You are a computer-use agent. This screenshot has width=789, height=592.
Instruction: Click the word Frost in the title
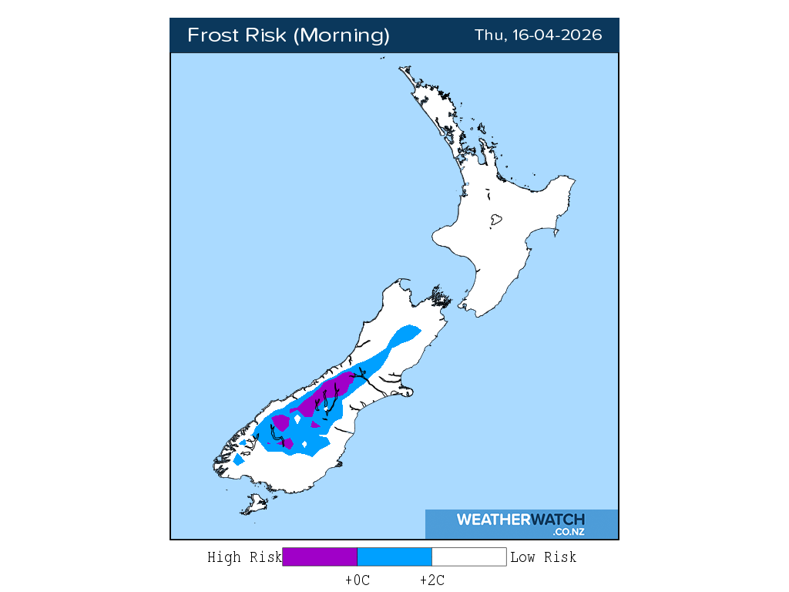(212, 35)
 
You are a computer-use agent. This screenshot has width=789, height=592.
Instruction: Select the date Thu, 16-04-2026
(538, 35)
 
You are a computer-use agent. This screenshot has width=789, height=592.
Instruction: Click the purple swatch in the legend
(320, 557)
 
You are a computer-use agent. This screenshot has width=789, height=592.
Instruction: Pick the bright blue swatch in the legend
(394, 557)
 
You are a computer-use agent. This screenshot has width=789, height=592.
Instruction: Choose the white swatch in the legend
(468, 557)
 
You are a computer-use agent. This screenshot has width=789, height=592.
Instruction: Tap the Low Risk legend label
(543, 557)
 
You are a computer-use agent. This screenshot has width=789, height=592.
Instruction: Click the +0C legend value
(358, 580)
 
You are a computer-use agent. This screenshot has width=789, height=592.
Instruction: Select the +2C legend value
(431, 580)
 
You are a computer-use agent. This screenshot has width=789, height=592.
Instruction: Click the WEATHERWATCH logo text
(520, 520)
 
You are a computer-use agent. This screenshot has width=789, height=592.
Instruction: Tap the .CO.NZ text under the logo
(568, 532)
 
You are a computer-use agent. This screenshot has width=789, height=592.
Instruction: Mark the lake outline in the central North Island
(496, 220)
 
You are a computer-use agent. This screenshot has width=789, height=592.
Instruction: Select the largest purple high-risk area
(327, 394)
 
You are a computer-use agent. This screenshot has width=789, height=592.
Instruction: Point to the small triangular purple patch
(314, 424)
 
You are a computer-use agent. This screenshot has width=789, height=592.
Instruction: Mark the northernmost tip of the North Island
(401, 69)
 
